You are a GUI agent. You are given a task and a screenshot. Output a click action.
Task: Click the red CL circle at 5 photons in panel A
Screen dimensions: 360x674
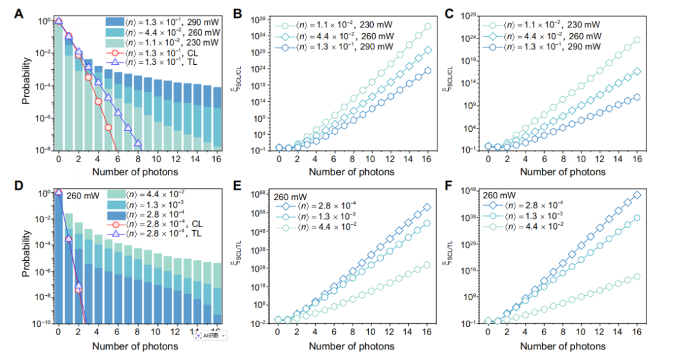108,127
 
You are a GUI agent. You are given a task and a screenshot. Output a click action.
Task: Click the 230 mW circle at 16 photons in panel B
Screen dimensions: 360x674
427,26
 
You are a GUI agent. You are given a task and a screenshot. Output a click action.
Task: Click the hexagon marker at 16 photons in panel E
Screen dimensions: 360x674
427,265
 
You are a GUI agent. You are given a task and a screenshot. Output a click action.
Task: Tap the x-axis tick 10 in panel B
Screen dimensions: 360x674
371,160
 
